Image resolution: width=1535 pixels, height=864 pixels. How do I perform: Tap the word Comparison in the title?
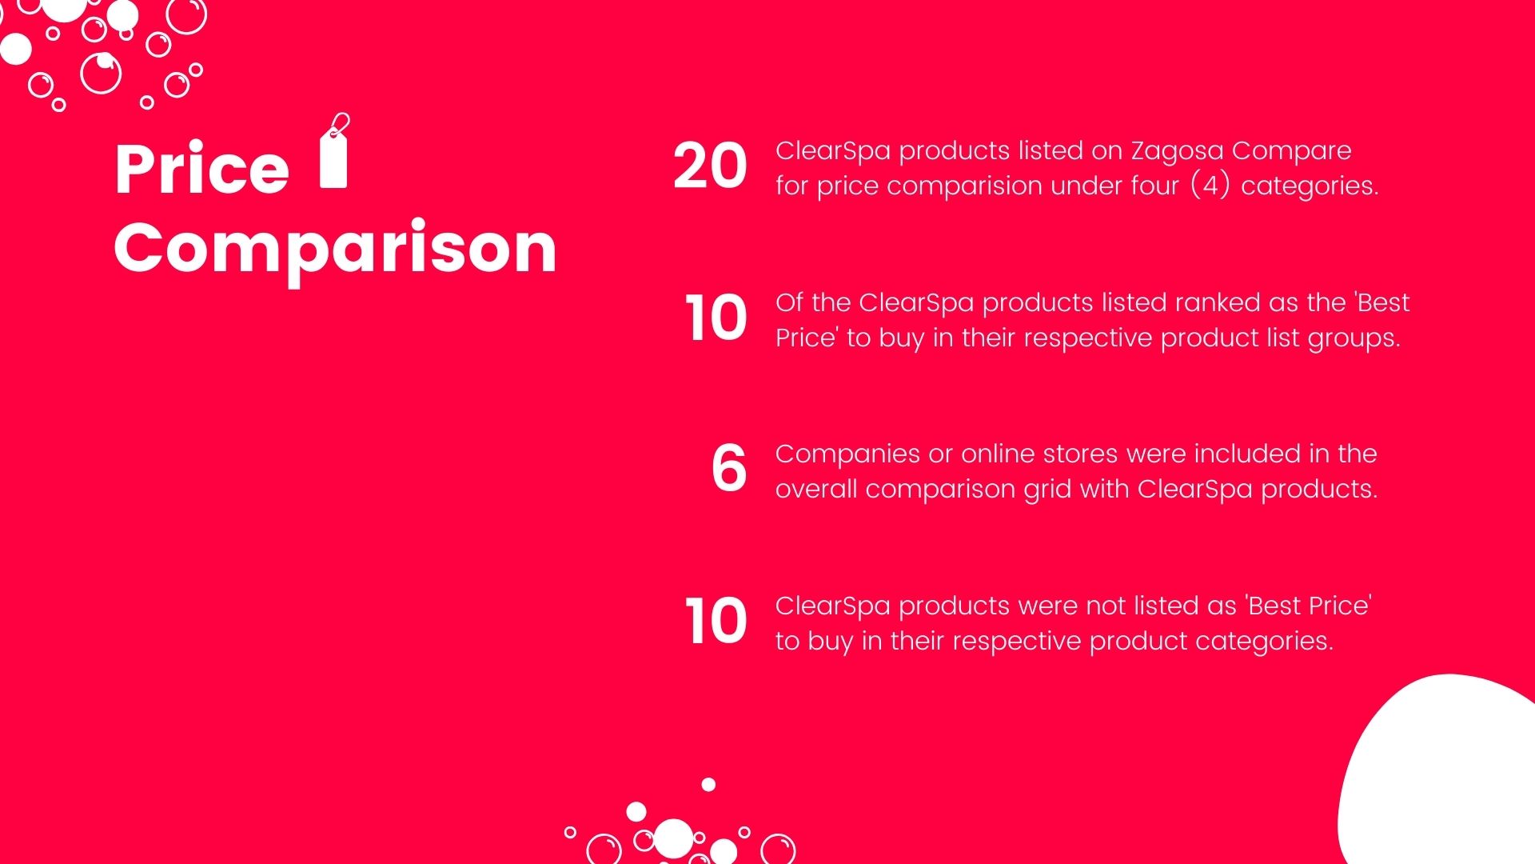[335, 249]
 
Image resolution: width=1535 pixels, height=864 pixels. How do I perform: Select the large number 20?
[710, 166]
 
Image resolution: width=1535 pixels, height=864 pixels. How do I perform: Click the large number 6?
[729, 469]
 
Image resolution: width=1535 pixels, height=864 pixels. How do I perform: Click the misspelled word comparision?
[963, 186]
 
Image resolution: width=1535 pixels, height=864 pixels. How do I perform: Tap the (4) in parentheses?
[1210, 186]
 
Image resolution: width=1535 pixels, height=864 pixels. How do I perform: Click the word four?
[1154, 186]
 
